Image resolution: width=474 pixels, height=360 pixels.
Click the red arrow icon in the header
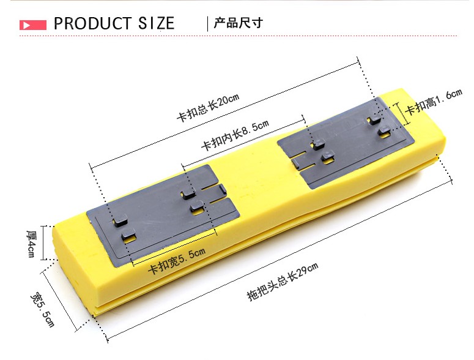click(33, 25)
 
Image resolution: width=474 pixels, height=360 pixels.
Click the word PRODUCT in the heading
click(92, 24)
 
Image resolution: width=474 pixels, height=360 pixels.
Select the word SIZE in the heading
click(155, 24)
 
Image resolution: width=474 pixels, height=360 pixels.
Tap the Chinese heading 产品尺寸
click(238, 24)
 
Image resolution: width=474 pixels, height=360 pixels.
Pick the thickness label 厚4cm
click(31, 244)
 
